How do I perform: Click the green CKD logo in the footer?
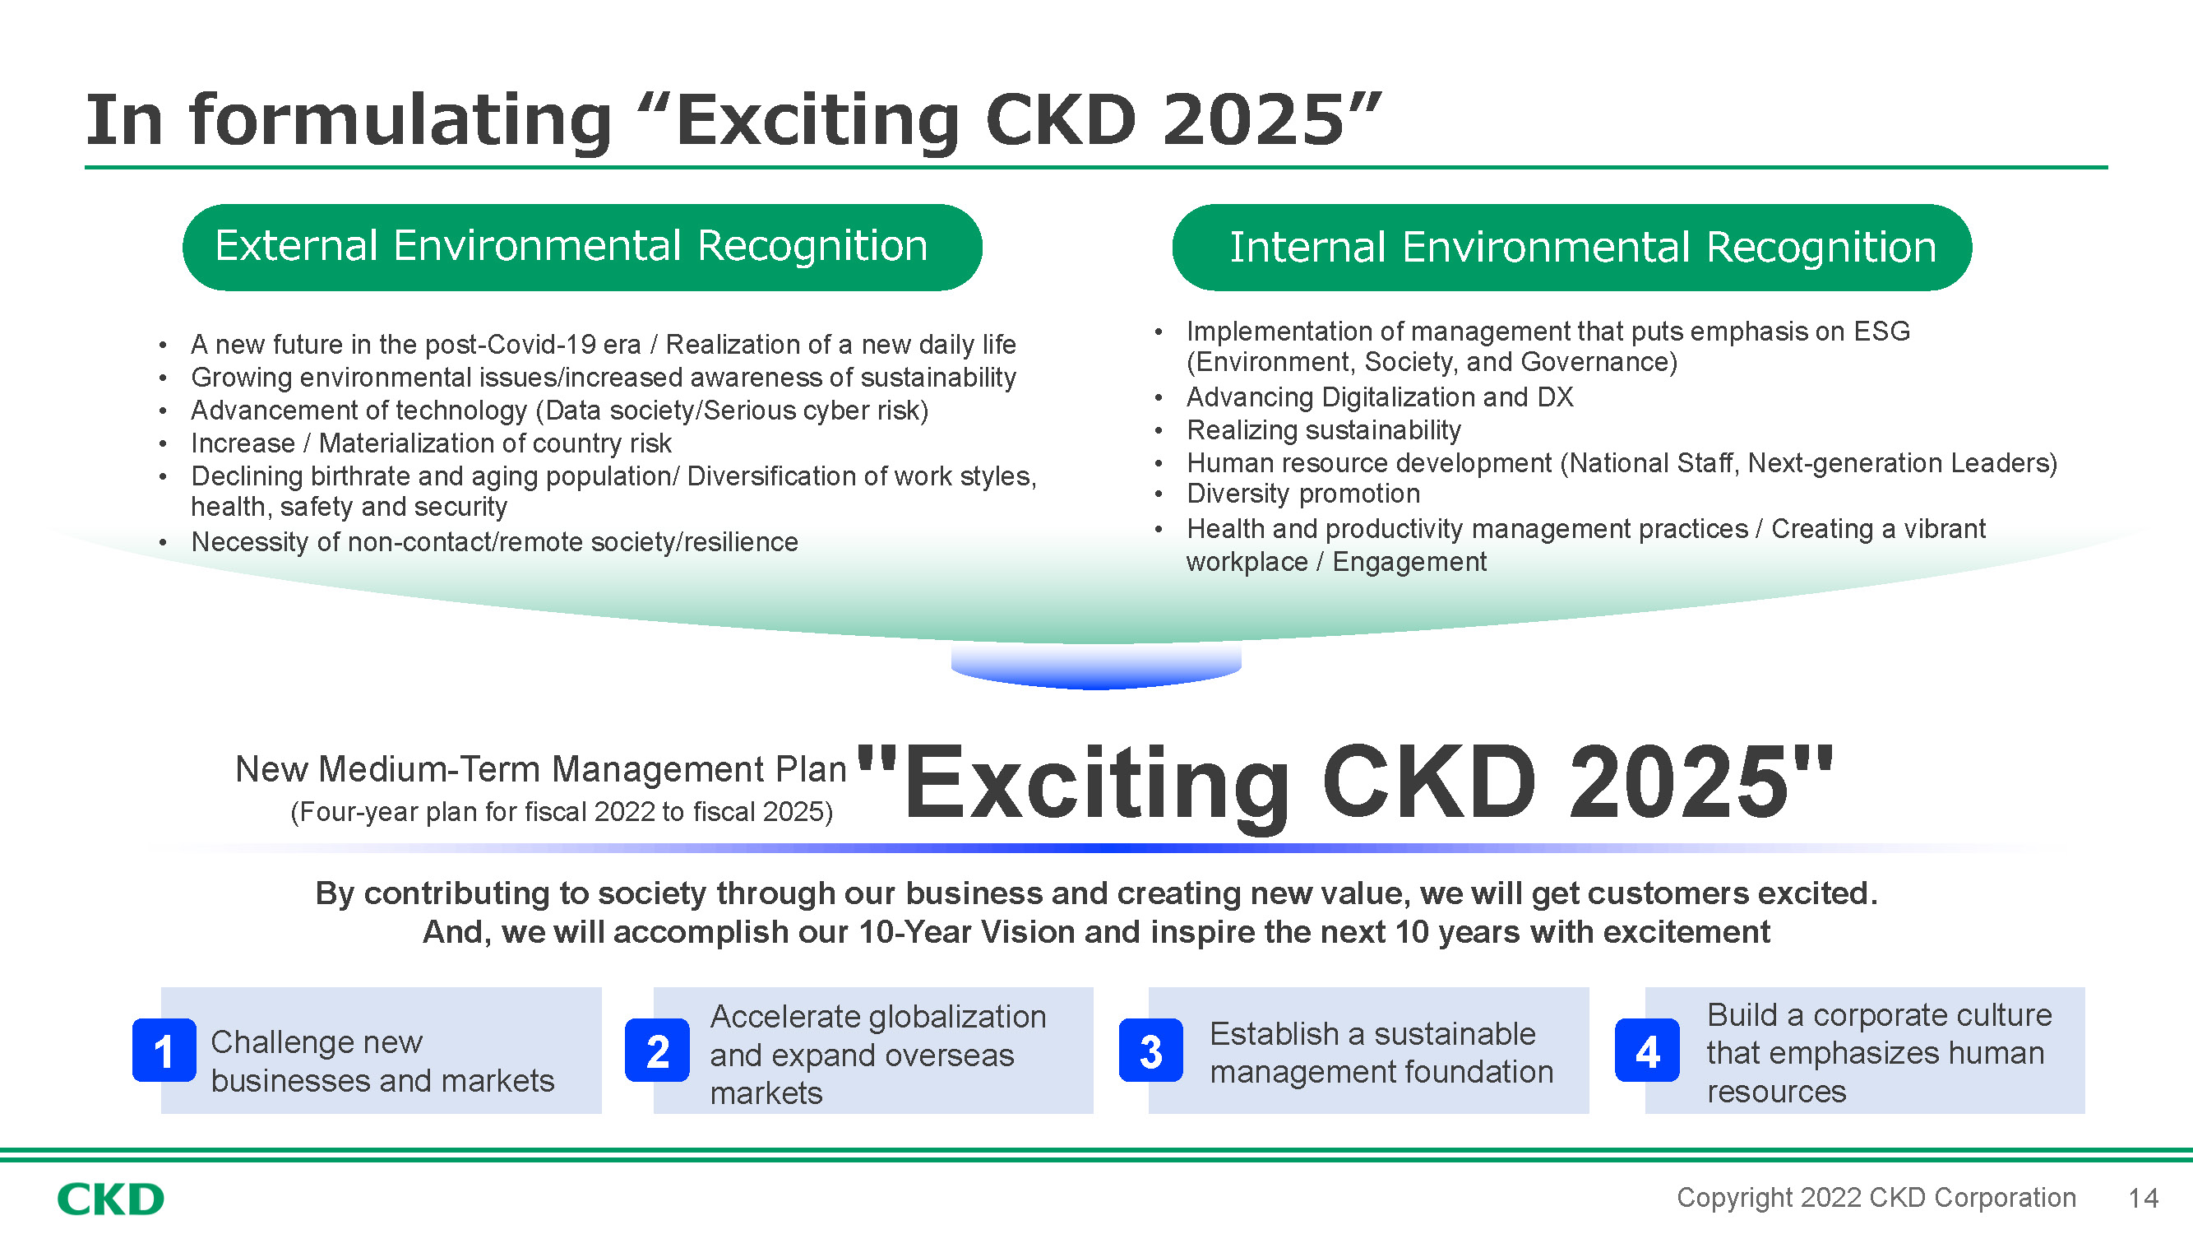point(111,1199)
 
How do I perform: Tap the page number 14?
point(2143,1199)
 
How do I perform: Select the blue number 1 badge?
point(164,1050)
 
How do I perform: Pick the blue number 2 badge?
point(657,1050)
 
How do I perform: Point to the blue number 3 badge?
point(1151,1050)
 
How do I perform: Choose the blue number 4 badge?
point(1647,1050)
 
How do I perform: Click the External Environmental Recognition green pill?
point(582,247)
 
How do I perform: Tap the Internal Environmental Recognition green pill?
point(1571,247)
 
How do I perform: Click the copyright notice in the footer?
point(1876,1199)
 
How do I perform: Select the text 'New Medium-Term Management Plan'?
point(540,769)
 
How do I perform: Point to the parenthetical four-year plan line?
point(562,812)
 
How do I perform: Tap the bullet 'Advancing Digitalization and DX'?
point(1379,397)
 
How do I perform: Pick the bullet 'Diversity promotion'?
point(1303,494)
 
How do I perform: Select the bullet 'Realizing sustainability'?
point(1324,430)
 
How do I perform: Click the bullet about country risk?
point(431,443)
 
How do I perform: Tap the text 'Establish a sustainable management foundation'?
point(1381,1053)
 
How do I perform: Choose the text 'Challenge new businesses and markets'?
point(382,1061)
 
